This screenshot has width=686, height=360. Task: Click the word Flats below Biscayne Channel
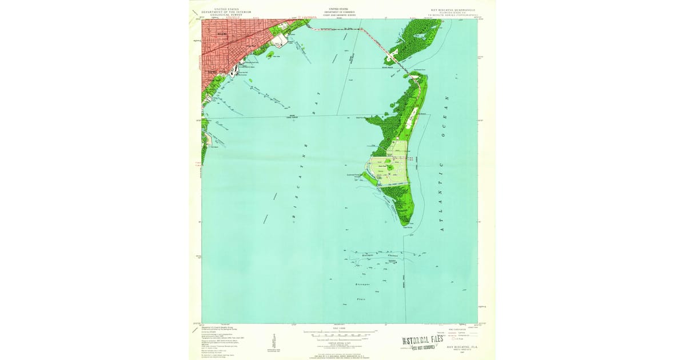point(361,298)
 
